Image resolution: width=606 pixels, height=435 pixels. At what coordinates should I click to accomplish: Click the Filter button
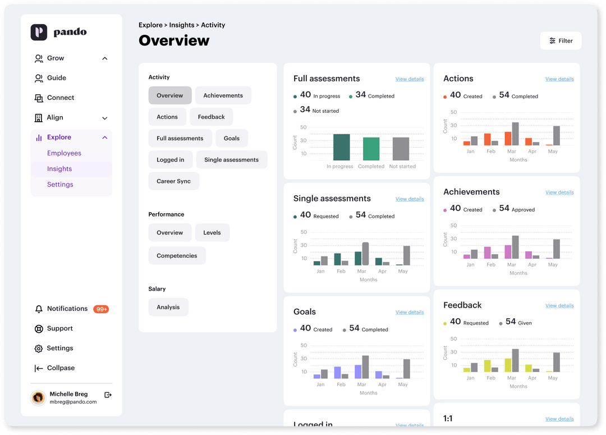point(561,41)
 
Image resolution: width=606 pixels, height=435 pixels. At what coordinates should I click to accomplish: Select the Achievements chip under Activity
point(223,95)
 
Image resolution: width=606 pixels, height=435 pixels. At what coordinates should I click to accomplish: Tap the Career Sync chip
point(173,181)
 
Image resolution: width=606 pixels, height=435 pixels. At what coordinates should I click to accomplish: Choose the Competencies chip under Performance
point(177,256)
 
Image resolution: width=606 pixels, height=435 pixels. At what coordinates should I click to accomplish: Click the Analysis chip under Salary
point(168,307)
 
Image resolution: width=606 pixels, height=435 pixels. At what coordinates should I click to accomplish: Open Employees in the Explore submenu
point(64,153)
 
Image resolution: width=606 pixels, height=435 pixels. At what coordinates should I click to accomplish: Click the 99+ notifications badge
point(101,309)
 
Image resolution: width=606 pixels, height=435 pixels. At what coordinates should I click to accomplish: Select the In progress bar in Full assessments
point(341,148)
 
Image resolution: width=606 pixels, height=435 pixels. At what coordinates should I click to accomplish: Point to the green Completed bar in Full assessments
point(371,149)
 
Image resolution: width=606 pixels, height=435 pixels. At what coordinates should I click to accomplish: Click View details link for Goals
point(410,312)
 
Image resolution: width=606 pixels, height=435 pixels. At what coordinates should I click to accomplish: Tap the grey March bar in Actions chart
point(515,134)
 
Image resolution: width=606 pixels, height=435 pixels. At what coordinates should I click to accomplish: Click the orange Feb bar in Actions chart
point(488,140)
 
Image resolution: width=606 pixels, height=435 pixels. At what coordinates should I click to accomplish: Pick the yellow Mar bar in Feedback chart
point(508,365)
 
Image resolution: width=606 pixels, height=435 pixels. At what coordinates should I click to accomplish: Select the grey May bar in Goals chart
point(406,369)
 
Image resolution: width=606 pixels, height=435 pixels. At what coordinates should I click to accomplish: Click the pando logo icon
point(39,32)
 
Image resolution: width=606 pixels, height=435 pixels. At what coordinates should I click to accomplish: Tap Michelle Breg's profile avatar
point(38,397)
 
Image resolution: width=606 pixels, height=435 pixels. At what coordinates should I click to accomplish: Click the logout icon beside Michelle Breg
point(108,395)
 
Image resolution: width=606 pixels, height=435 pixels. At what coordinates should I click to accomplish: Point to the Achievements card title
point(471,192)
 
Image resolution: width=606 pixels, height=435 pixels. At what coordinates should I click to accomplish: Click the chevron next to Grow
point(105,58)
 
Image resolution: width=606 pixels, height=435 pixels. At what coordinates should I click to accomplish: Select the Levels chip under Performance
point(212,233)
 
